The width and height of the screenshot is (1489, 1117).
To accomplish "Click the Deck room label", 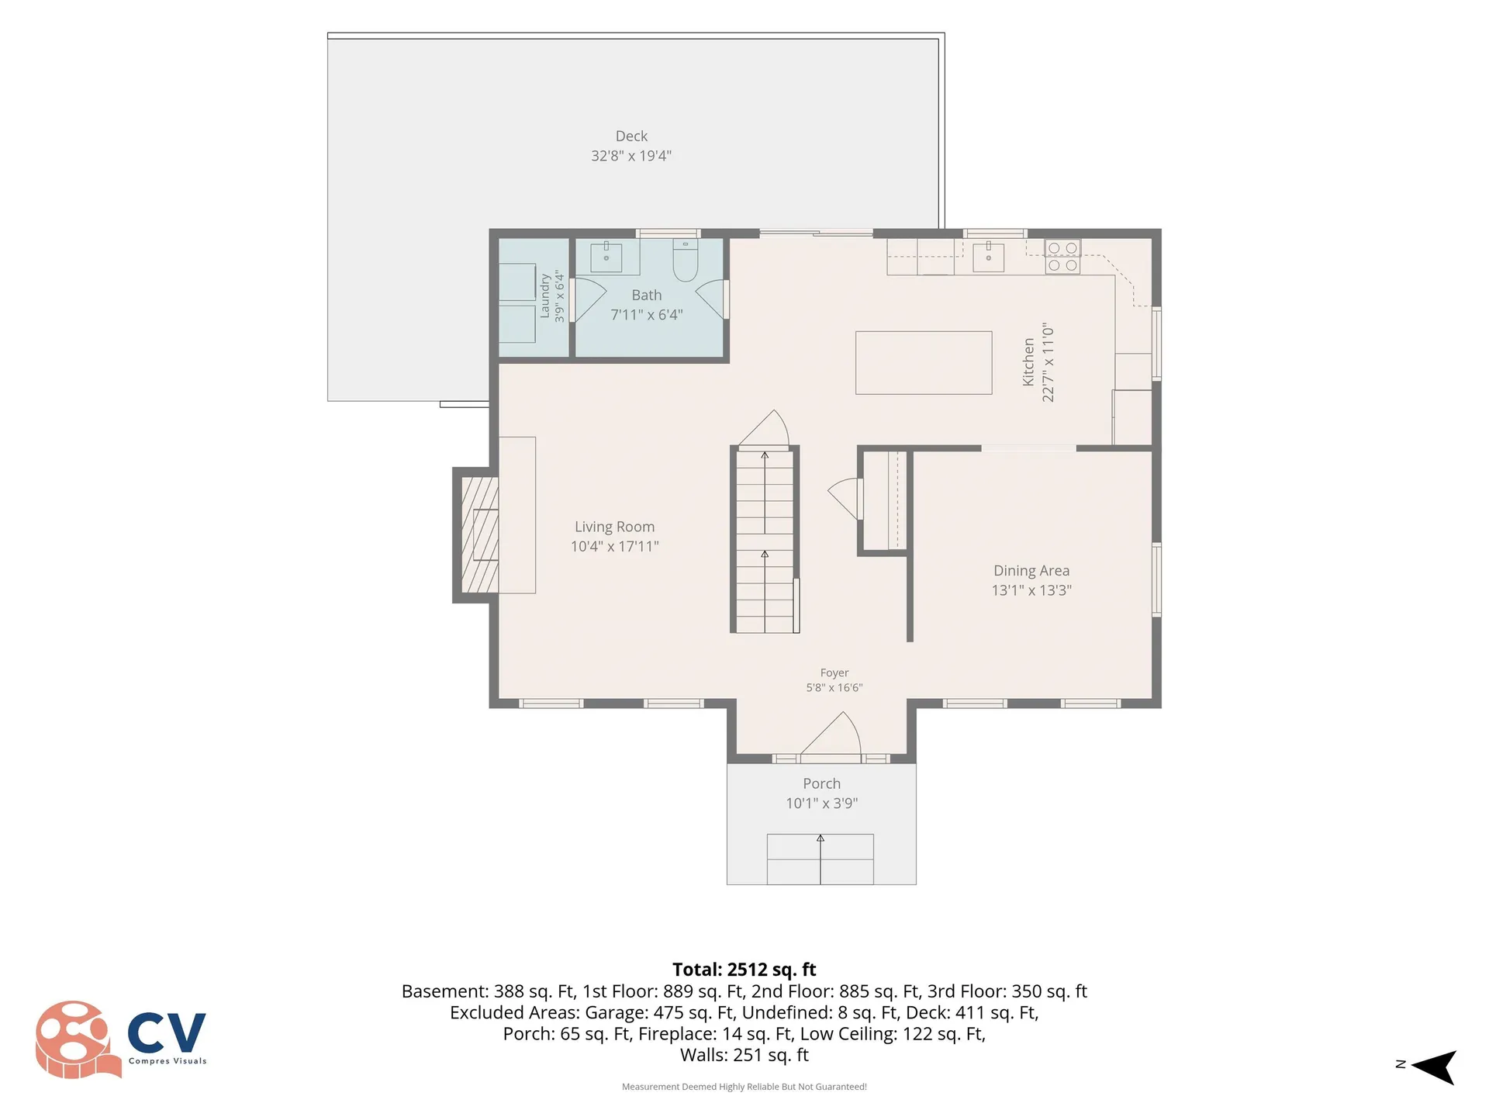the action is [631, 137].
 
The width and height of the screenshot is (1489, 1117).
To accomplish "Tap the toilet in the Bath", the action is [686, 260].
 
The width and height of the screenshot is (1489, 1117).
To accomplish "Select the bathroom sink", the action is [606, 257].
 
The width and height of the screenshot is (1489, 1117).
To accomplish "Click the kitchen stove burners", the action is [1062, 257].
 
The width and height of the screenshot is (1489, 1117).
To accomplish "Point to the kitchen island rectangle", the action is [924, 363].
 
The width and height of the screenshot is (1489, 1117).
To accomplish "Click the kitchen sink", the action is [988, 257].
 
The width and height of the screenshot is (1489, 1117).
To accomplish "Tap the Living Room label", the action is [614, 527].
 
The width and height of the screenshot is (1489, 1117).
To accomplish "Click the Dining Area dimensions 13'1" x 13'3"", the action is [1031, 590].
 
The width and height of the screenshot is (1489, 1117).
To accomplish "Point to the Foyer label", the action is [834, 673].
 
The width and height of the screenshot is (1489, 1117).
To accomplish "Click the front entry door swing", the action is [831, 733].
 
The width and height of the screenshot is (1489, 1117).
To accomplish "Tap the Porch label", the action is [821, 783].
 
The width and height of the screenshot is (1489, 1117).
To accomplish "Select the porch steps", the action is [821, 859].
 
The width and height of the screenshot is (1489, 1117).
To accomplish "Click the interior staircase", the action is [765, 541].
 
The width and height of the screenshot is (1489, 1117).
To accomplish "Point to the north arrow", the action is [1432, 1067].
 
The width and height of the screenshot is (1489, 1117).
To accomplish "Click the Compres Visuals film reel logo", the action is [78, 1039].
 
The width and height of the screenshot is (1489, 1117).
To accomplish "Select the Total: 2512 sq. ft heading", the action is [744, 970].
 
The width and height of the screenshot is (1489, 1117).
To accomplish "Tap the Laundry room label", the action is [544, 296].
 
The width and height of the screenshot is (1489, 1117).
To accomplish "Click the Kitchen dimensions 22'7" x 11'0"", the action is [1048, 362].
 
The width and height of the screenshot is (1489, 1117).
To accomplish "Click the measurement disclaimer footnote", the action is [744, 1087].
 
